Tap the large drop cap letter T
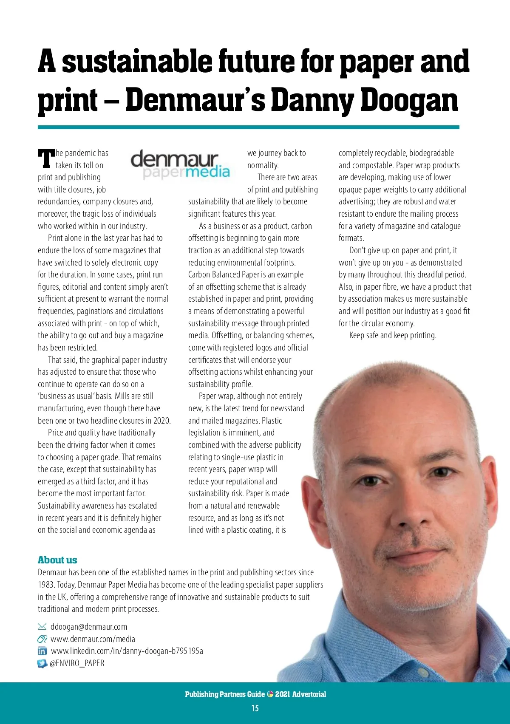[x=46, y=158]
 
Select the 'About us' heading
[x=57, y=560]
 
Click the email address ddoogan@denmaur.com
[x=89, y=627]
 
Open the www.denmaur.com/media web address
[x=93, y=639]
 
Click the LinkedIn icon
[x=42, y=651]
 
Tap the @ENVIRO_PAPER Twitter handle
[x=77, y=663]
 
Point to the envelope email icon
[x=42, y=627]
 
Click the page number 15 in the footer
[x=255, y=708]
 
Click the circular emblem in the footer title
[x=270, y=694]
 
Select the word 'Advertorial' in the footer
[x=309, y=694]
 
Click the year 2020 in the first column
[x=161, y=421]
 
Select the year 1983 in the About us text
[x=46, y=585]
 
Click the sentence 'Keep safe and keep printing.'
[x=393, y=335]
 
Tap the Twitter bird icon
[x=42, y=663]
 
